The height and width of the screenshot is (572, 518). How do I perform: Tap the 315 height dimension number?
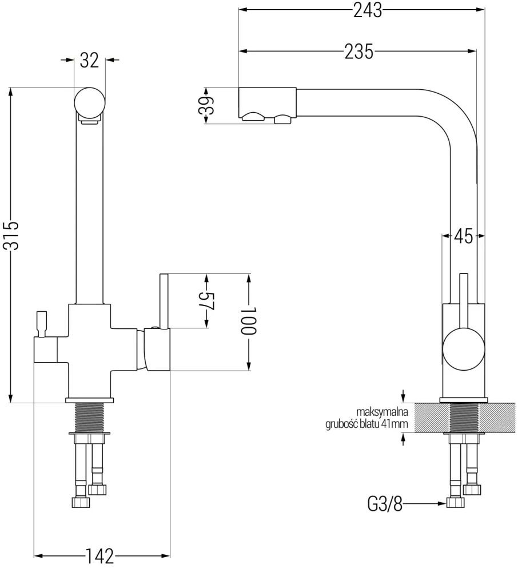pos(11,235)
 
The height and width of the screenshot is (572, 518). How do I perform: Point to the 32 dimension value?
pos(90,60)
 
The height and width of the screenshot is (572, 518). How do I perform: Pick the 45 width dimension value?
pos(464,236)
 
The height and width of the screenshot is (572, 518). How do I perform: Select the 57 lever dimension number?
pos(207,301)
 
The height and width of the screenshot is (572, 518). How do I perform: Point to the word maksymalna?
pos(380,412)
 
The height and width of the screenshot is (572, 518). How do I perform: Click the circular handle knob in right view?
pos(464,348)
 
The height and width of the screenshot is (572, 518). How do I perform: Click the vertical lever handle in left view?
pos(163,300)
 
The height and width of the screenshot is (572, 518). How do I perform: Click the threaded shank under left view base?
pos(90,416)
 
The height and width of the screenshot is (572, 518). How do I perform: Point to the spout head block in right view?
pos(266,103)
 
